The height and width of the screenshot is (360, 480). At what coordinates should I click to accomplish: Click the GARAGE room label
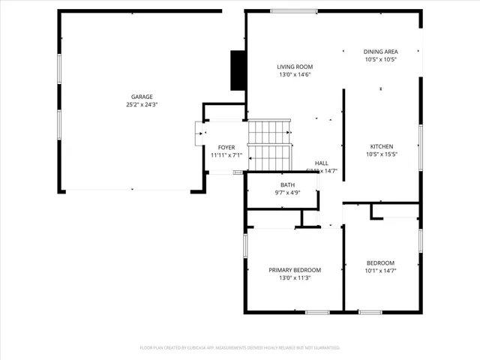[x=142, y=97]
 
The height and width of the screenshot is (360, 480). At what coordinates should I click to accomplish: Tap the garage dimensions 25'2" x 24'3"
[x=142, y=105]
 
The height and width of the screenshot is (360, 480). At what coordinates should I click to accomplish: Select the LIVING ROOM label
[x=295, y=67]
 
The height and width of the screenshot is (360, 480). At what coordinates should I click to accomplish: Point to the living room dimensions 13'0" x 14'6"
[x=295, y=75]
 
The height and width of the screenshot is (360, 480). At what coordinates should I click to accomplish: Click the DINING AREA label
[x=380, y=51]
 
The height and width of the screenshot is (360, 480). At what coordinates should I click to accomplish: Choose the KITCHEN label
[x=381, y=147]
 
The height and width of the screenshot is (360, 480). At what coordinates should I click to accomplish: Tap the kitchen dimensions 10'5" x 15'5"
[x=381, y=155]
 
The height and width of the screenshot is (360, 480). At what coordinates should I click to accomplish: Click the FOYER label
[x=226, y=147]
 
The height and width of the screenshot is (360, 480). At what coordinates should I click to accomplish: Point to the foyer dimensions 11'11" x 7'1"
[x=226, y=155]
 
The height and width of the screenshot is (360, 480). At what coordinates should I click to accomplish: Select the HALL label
[x=322, y=163]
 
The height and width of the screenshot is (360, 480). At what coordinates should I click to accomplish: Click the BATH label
[x=288, y=184]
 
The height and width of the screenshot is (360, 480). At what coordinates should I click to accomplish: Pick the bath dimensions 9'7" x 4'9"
[x=288, y=193]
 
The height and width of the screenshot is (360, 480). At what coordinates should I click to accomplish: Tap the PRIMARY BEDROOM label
[x=295, y=270]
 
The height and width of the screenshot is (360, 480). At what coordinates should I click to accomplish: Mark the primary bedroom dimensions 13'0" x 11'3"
[x=295, y=278]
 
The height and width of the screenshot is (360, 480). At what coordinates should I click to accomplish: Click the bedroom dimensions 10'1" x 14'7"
[x=381, y=271]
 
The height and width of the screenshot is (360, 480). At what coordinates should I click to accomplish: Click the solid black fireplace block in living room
[x=238, y=70]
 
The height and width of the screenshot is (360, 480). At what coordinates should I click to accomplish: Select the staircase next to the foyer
[x=269, y=145]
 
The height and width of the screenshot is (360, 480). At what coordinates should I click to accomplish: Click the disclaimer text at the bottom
[x=240, y=347]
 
